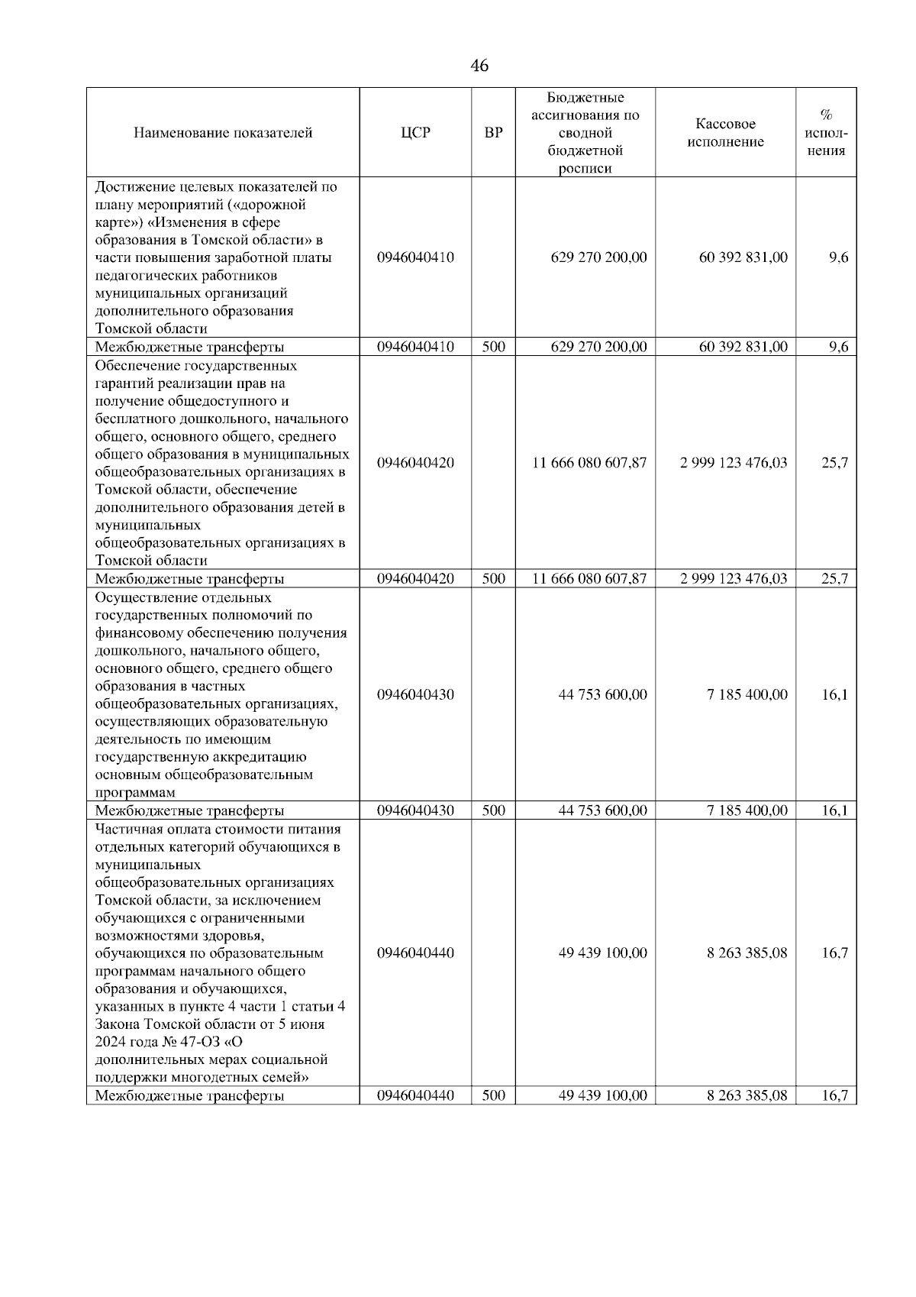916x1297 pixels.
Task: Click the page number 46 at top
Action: click(x=479, y=66)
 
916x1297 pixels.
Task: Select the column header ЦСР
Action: click(x=415, y=132)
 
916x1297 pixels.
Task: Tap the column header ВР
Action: click(x=493, y=132)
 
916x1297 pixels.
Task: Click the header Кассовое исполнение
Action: click(x=725, y=132)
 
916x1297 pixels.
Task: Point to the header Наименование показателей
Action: click(x=223, y=132)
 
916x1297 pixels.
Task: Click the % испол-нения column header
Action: click(x=826, y=132)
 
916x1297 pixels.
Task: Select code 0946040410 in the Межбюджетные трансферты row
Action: click(x=415, y=347)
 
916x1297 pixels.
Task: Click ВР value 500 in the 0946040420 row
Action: click(x=493, y=578)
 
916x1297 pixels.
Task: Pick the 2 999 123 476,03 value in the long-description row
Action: click(x=733, y=463)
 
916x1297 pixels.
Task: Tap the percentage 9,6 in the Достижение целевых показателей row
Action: click(x=838, y=257)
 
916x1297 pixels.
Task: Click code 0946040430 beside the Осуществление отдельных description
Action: click(x=415, y=694)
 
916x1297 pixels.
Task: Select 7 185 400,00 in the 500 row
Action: click(x=747, y=810)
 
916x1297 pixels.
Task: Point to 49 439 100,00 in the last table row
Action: click(x=602, y=1095)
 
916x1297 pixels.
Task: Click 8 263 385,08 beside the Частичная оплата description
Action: click(x=747, y=953)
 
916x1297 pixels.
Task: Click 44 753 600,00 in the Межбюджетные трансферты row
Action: click(x=602, y=810)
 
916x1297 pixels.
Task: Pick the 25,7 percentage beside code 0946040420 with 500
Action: click(x=834, y=578)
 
